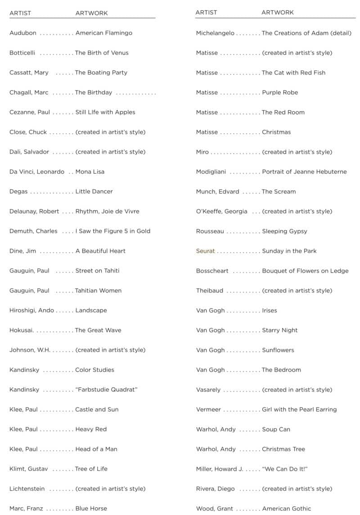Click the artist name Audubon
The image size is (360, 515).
click(x=23, y=33)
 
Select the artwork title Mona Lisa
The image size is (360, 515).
click(x=90, y=172)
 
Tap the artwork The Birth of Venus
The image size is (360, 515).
click(x=102, y=53)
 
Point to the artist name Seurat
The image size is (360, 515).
click(x=205, y=251)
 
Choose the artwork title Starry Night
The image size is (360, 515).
click(x=279, y=330)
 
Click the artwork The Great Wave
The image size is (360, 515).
click(x=98, y=330)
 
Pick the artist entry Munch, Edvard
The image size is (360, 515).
click(x=217, y=191)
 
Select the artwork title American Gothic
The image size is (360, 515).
click(x=287, y=508)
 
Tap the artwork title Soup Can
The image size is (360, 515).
click(x=276, y=429)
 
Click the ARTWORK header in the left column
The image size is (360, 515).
click(x=91, y=13)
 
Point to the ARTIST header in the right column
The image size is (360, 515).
click(x=206, y=12)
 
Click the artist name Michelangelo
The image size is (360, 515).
click(x=215, y=33)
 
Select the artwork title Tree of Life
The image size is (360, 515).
click(x=91, y=469)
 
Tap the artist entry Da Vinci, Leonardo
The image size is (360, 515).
click(x=37, y=172)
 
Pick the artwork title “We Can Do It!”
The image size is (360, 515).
click(x=284, y=469)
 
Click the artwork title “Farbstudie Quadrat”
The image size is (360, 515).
click(x=106, y=389)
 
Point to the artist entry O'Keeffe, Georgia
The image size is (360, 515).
click(x=221, y=211)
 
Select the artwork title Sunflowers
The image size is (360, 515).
click(x=278, y=350)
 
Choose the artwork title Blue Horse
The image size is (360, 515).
click(x=91, y=508)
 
